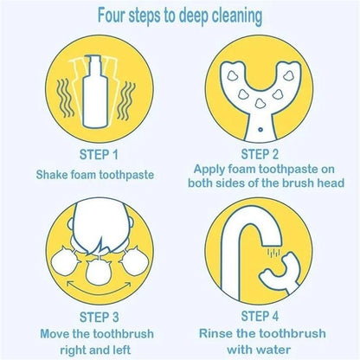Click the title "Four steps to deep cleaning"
(179, 16)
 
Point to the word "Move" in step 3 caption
(49, 332)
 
